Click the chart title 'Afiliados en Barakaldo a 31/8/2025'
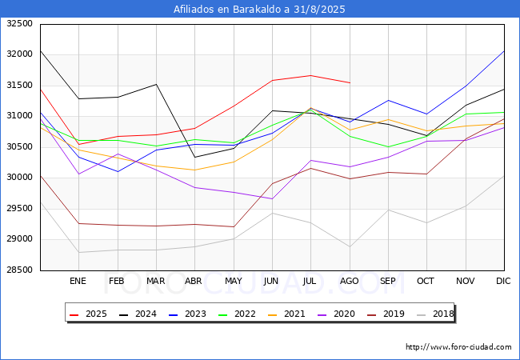tap(260, 10)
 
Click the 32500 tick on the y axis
tap(19, 24)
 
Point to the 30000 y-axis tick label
tap(19, 178)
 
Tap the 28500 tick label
tap(19, 270)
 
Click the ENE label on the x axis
tap(78, 281)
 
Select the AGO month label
tap(350, 281)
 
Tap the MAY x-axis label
tap(234, 281)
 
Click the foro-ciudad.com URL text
tap(458, 347)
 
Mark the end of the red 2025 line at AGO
tap(350, 82)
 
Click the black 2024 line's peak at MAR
tap(156, 84)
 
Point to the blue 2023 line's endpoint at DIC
tap(504, 51)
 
